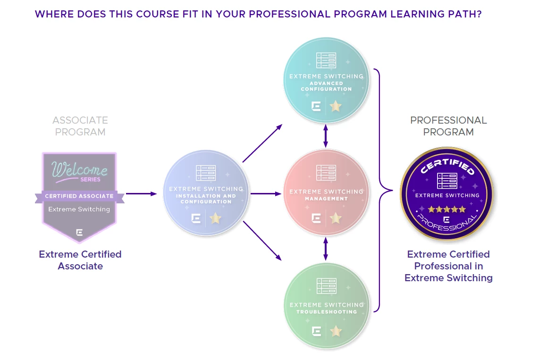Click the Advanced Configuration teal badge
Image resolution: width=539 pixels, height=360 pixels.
[x=326, y=80]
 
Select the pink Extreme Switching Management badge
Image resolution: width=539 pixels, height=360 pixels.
[x=326, y=193]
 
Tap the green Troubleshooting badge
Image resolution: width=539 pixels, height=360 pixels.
[x=327, y=306]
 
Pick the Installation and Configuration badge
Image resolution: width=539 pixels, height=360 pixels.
[x=206, y=193]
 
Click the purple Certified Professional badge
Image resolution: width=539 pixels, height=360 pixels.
[x=447, y=194]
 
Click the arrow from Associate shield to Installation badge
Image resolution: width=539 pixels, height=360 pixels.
[x=141, y=194]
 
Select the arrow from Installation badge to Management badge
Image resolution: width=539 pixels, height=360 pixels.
[x=266, y=194]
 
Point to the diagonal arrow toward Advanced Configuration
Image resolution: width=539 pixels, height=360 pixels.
[x=262, y=143]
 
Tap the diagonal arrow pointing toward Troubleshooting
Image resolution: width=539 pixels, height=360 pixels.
[x=262, y=241]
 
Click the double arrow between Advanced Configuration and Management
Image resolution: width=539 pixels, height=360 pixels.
[x=326, y=136]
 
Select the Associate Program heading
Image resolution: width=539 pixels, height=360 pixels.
[x=80, y=126]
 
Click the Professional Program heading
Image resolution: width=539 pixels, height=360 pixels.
[x=448, y=126]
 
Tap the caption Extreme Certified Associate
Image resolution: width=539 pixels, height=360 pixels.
[x=80, y=260]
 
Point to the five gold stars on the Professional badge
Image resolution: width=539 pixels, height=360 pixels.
[x=446, y=209]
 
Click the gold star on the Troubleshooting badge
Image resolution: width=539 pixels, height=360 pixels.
[x=336, y=331]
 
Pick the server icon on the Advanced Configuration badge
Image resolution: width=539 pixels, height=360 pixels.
[x=326, y=60]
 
